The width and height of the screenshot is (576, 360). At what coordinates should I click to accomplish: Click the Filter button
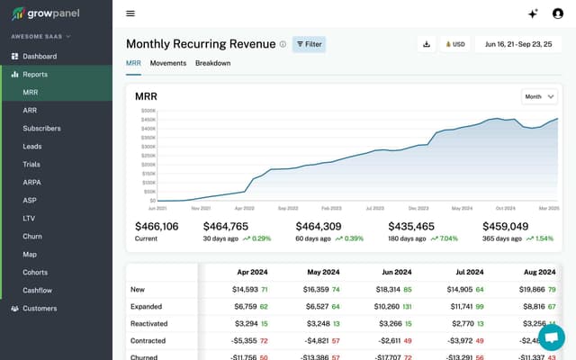309,44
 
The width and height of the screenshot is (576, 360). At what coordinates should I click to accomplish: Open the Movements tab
168,63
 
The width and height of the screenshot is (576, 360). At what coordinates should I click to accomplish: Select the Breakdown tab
212,63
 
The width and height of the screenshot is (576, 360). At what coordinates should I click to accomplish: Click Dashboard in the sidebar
40,56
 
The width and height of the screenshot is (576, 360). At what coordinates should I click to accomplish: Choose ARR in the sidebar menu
30,110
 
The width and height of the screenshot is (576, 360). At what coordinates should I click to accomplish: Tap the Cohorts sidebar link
36,272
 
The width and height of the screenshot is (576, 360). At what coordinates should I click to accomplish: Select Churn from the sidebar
32,236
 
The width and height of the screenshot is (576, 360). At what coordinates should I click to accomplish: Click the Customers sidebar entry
40,308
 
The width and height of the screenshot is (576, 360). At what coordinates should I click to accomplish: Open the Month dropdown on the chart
539,96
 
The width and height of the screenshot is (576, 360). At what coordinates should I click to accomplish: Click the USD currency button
454,44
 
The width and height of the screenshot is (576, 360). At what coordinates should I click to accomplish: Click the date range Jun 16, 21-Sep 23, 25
519,44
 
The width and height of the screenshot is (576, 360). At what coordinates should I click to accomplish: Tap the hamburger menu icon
130,13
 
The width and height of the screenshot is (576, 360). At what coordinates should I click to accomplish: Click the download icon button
426,44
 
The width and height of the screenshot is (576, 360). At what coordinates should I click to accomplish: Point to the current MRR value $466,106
157,227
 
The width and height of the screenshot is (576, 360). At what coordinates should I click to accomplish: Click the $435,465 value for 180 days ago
411,227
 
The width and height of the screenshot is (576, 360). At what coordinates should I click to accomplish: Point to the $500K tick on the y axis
148,111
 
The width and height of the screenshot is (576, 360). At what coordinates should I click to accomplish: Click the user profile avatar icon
557,13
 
